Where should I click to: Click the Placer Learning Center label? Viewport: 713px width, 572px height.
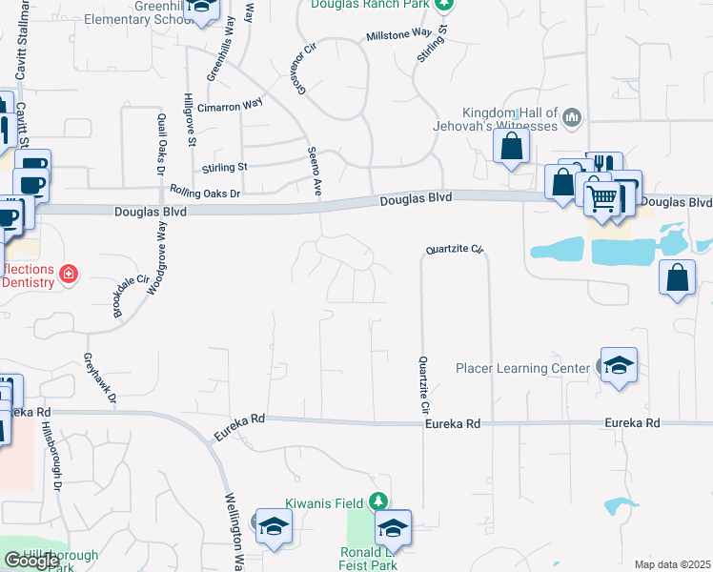pyautogui.click(x=522, y=369)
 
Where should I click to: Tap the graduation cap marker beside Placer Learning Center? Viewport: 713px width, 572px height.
pyautogui.click(x=619, y=366)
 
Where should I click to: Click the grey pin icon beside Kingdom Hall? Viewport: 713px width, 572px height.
pyautogui.click(x=572, y=118)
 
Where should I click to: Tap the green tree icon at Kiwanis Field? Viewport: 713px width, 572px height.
pyautogui.click(x=379, y=501)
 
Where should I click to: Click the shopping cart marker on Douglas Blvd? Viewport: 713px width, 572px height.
pyautogui.click(x=601, y=199)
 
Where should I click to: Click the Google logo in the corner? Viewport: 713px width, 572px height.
pyautogui.click(x=32, y=561)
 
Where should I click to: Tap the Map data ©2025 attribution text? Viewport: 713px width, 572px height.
pyautogui.click(x=672, y=563)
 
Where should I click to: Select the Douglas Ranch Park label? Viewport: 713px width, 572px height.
pyautogui.click(x=371, y=5)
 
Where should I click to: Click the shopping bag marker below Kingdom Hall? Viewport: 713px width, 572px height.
pyautogui.click(x=512, y=147)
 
